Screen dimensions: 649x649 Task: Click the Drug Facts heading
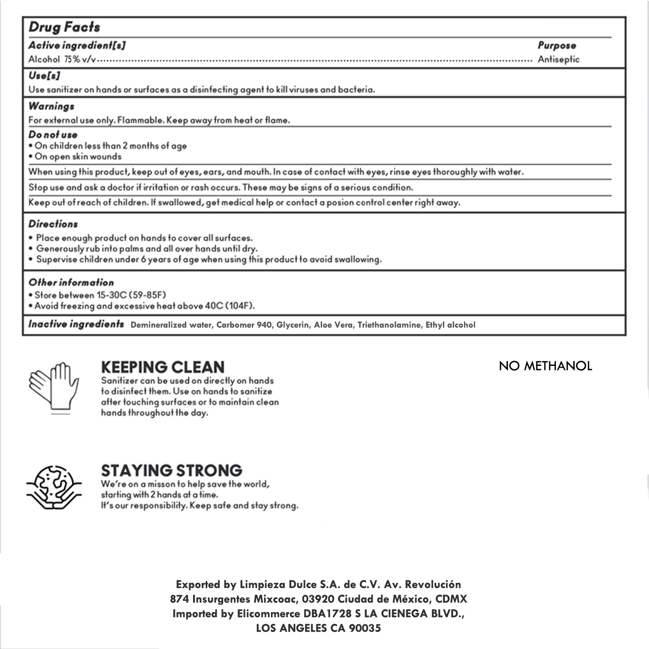[64, 27]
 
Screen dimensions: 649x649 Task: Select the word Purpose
[557, 45]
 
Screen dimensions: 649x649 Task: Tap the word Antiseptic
[559, 59]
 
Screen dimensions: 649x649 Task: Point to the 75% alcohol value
[72, 59]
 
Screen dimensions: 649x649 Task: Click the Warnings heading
[52, 106]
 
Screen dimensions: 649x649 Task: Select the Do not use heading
[53, 135]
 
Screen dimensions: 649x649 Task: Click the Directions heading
[53, 224]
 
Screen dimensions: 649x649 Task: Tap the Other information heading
[71, 282]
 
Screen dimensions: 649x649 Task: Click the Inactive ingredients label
[76, 324]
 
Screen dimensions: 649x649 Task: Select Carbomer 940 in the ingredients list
[244, 325]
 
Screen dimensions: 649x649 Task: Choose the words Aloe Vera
[333, 325]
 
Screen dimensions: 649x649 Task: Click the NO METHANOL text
[545, 366]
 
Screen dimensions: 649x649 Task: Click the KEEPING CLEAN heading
[163, 367]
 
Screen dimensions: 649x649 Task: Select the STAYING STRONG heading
[172, 471]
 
